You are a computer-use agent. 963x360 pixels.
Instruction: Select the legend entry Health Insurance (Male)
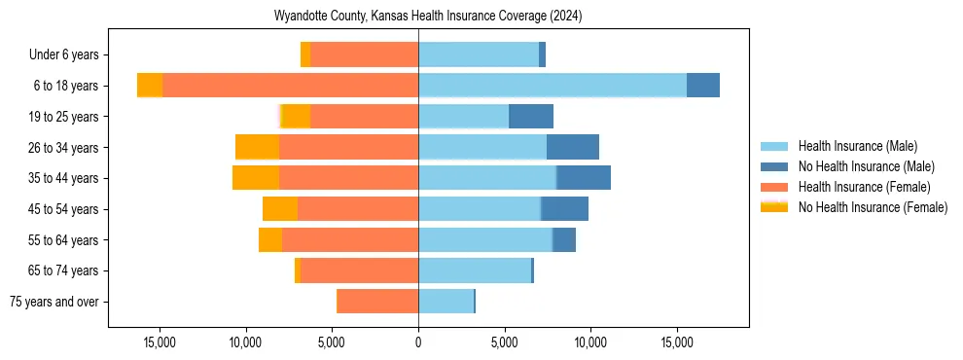coord(857,146)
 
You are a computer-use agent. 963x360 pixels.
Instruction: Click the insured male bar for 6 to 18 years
coord(553,86)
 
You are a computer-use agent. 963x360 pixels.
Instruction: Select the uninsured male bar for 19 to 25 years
coord(531,117)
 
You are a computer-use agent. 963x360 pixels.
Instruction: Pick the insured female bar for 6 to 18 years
coord(290,86)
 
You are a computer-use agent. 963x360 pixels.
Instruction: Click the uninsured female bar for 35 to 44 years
coord(256,178)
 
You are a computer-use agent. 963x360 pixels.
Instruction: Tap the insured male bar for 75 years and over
coord(446,302)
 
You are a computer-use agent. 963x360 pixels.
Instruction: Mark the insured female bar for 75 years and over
coord(377,302)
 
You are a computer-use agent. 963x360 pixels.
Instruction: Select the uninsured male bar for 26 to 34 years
coord(573,147)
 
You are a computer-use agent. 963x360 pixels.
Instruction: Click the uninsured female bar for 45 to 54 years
coord(280,209)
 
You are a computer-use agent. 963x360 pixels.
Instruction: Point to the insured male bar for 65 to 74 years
coord(475,270)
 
